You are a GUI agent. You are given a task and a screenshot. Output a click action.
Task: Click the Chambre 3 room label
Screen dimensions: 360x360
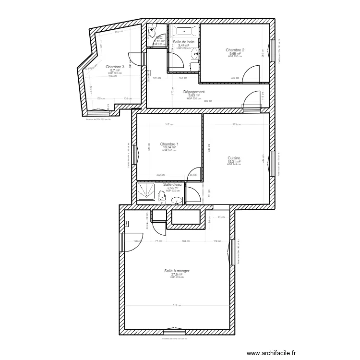coord(115,67)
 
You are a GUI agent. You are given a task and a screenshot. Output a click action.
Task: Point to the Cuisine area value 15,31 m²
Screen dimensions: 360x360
coord(234,162)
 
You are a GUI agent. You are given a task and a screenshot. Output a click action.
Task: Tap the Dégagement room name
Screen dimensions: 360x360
coord(194,92)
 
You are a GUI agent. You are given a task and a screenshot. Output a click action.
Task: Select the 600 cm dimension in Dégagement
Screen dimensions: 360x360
coord(207,101)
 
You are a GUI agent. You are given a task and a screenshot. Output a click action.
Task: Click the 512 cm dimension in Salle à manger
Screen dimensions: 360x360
coord(176,306)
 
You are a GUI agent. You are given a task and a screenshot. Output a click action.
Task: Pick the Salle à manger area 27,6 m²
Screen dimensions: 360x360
coord(176,275)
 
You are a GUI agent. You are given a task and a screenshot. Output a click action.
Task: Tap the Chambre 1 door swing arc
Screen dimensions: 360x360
coord(193,173)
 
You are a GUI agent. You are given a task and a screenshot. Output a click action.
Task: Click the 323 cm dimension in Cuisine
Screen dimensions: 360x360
coord(236,125)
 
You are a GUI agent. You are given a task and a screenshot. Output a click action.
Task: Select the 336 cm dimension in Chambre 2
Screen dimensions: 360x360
coord(234,78)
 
